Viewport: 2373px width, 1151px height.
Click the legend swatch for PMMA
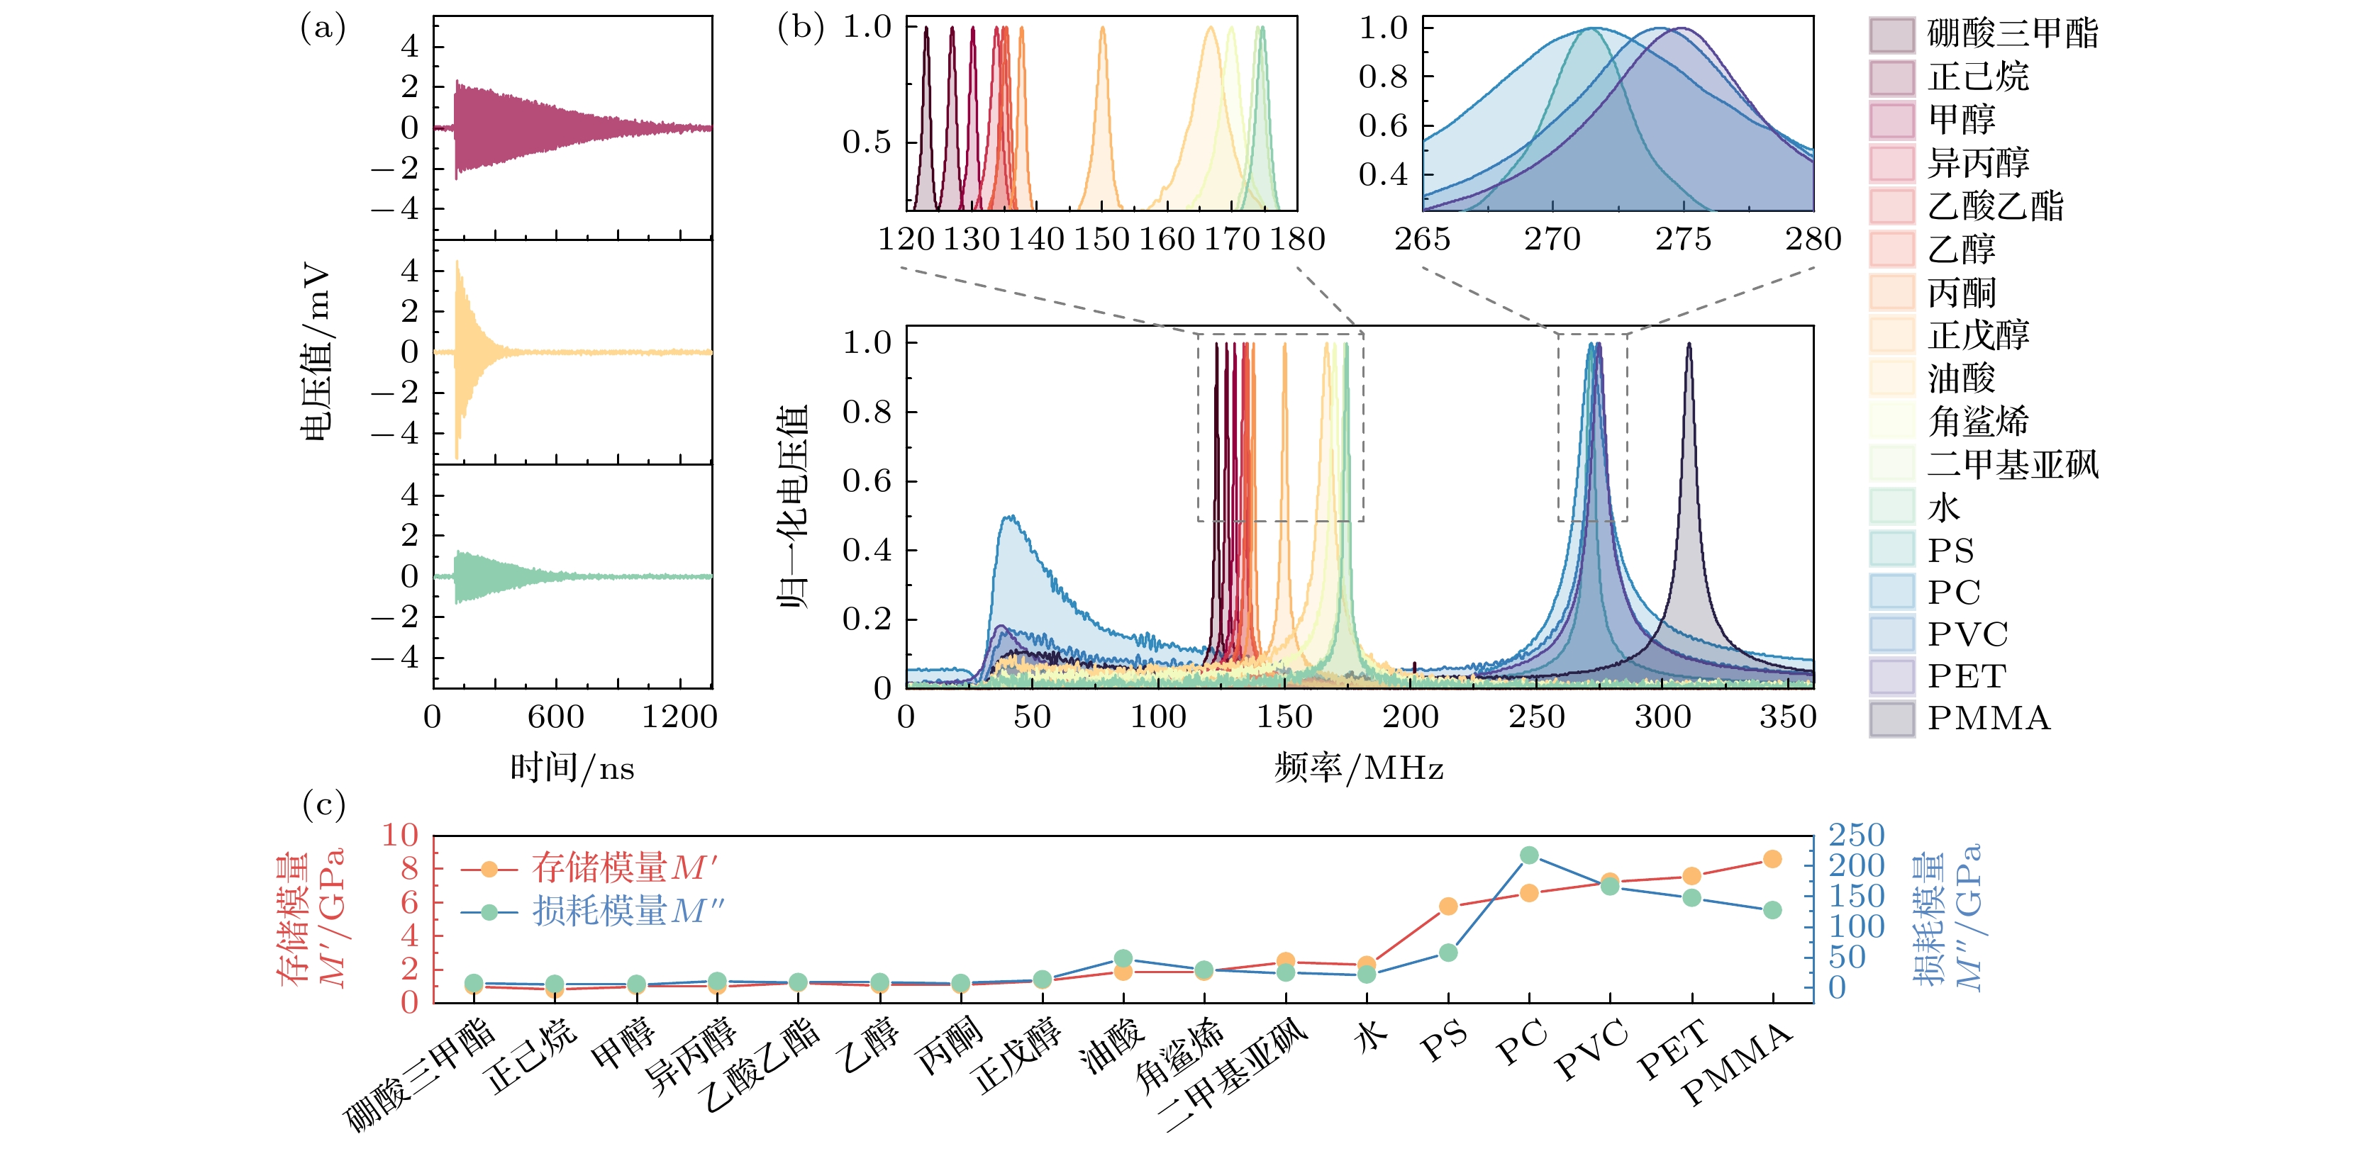pyautogui.click(x=1892, y=718)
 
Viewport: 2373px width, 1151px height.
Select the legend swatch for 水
pyautogui.click(x=1892, y=507)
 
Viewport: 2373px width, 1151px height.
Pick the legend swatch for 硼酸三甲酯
pyautogui.click(x=1892, y=34)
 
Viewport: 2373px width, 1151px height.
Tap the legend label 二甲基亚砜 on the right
pyautogui.click(x=2013, y=463)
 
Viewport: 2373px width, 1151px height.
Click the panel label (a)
pyautogui.click(x=323, y=28)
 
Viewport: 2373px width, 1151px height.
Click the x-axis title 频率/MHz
pyautogui.click(x=1359, y=767)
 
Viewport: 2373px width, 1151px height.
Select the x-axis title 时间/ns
pyautogui.click(x=572, y=767)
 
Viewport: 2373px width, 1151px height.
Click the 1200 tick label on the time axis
pyautogui.click(x=679, y=717)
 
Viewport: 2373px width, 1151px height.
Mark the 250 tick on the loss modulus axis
pyautogui.click(x=1856, y=834)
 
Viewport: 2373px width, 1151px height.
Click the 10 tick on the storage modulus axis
pyautogui.click(x=400, y=834)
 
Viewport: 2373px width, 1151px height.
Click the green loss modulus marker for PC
pyautogui.click(x=1529, y=855)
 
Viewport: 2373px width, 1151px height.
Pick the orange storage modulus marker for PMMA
pyautogui.click(x=1772, y=859)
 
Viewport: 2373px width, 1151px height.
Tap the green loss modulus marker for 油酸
pyautogui.click(x=1123, y=958)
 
